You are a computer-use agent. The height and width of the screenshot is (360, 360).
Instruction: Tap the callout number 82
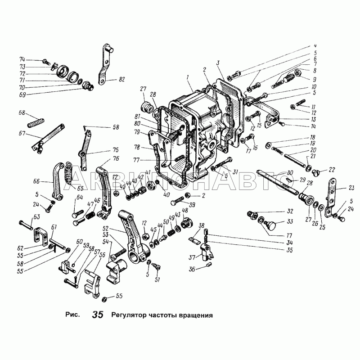point(121,79)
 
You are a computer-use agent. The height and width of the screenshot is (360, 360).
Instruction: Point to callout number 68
point(21,113)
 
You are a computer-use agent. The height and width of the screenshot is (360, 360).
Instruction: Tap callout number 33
point(290,221)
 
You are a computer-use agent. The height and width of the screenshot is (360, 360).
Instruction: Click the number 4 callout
point(315,46)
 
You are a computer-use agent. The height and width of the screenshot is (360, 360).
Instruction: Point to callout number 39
point(192,205)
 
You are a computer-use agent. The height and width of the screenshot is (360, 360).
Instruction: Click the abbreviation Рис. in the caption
point(72,315)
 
